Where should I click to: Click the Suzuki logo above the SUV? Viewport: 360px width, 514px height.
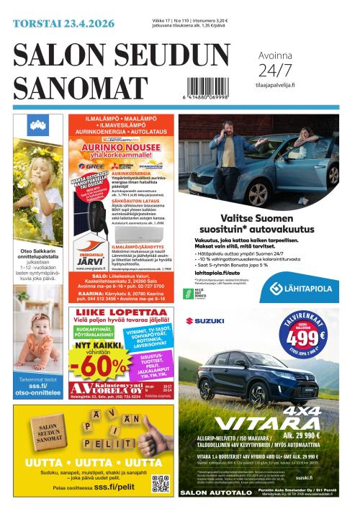[205, 321]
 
